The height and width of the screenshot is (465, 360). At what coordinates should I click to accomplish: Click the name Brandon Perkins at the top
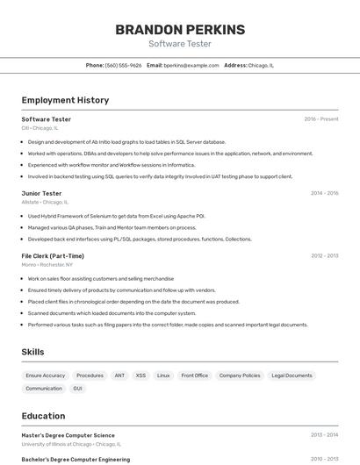(180, 30)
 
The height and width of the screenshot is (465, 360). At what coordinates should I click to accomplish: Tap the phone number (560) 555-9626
(123, 65)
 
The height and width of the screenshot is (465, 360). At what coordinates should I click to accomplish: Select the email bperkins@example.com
(191, 65)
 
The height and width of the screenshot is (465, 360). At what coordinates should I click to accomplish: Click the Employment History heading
(65, 100)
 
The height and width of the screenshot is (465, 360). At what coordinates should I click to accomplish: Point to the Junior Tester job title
(41, 193)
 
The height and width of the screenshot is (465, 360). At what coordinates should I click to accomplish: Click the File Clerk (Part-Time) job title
(53, 256)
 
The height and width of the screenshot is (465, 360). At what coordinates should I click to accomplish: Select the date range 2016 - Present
(320, 119)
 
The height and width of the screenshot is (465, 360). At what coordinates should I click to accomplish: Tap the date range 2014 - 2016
(324, 193)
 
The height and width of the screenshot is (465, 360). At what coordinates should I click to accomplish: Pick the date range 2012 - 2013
(324, 256)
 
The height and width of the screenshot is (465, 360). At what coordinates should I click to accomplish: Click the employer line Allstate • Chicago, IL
(45, 202)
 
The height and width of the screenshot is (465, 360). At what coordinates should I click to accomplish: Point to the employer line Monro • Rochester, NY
(47, 264)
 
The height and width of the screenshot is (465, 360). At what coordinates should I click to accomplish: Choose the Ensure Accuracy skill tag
(46, 376)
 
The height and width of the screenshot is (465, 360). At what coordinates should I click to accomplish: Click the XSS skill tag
(140, 376)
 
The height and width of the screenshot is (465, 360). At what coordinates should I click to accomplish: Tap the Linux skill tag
(163, 376)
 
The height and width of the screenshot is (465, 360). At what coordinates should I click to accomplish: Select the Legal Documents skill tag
(292, 376)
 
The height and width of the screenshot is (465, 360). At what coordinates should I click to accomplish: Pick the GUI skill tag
(78, 388)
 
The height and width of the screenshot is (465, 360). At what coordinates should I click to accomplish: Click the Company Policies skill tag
(240, 376)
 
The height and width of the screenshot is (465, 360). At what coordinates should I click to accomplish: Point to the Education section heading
(43, 416)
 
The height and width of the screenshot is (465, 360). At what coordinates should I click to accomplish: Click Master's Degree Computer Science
(68, 435)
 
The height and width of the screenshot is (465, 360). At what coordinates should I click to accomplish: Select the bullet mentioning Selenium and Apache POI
(116, 216)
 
